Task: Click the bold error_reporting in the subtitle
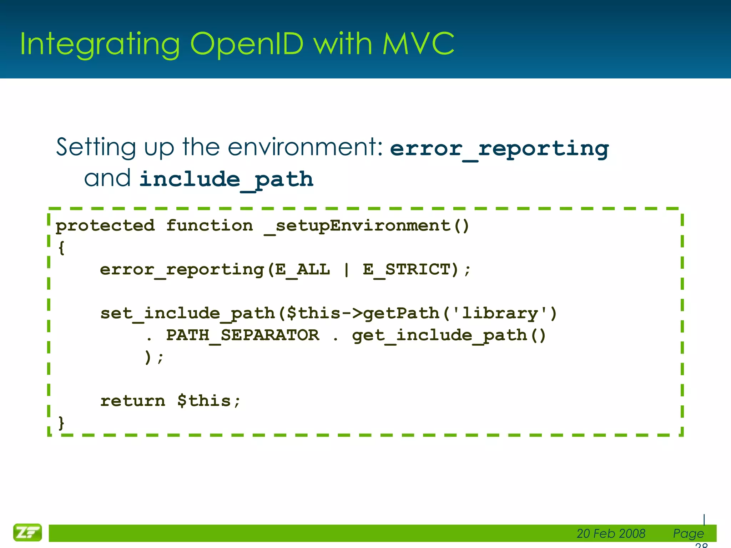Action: tap(499, 149)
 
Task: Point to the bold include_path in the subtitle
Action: tap(226, 179)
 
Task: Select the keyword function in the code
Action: tap(210, 225)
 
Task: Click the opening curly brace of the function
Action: tap(61, 248)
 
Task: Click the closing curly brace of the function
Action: tap(61, 423)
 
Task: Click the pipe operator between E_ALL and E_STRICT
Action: tap(346, 270)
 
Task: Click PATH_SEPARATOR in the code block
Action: tap(243, 335)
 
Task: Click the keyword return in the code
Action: tap(133, 401)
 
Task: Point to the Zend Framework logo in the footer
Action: tap(27, 533)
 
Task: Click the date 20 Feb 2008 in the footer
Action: tap(611, 533)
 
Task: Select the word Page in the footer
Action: tap(688, 533)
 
